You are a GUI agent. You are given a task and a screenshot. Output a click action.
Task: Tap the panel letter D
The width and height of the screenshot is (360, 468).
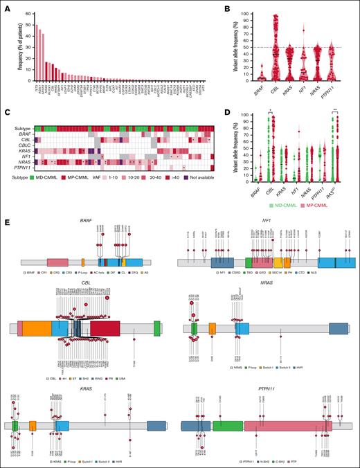188,105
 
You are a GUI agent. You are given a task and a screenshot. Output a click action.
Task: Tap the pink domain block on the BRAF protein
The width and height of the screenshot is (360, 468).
57,262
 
